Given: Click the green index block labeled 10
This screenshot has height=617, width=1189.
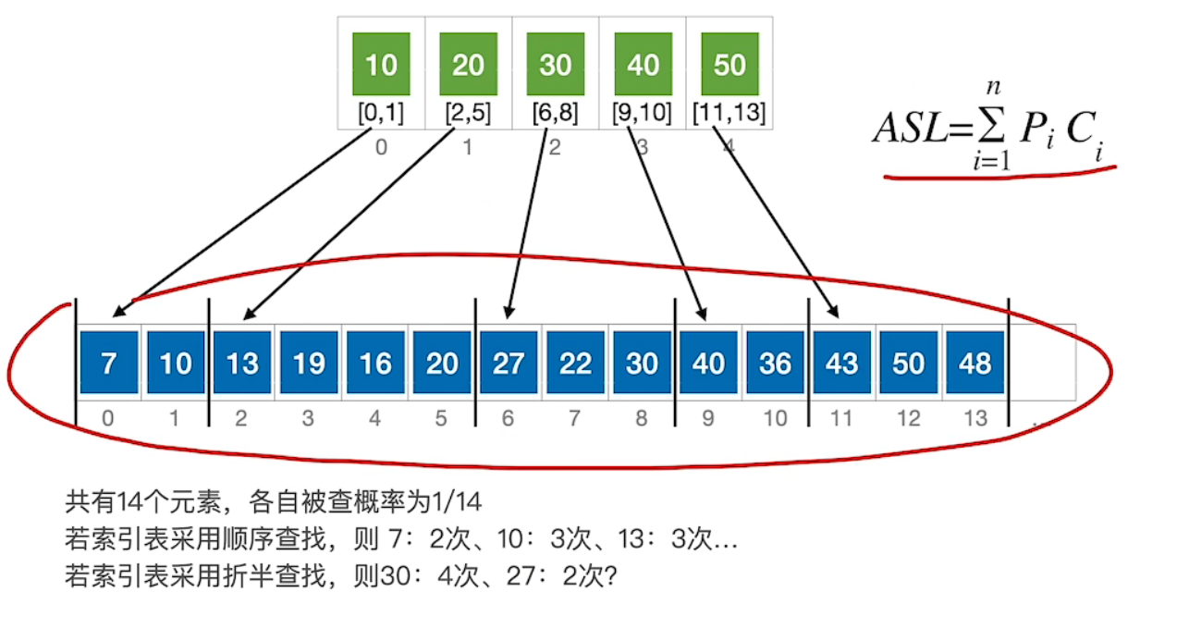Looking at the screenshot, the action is pos(381,65).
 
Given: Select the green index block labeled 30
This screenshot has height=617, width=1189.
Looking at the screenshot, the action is pos(555,65).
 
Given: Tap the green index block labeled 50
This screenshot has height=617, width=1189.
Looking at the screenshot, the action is pos(729,65).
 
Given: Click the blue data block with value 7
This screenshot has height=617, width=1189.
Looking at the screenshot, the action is pos(109,363).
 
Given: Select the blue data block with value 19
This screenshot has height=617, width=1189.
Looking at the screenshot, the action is pos(309,363).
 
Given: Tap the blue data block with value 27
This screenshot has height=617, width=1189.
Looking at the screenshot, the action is pos(509,363).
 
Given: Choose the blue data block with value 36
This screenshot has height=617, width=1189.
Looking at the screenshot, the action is pos(775,363).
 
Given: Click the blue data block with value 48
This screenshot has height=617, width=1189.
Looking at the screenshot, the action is pos(974,363).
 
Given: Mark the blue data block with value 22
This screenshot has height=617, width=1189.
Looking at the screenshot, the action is pos(575,363).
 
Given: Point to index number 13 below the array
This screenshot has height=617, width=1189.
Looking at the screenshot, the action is pos(975,419).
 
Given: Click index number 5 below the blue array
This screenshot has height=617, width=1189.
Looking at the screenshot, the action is pos(441,419).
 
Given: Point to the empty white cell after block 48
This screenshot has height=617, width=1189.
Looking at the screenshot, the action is pos(1043,363).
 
